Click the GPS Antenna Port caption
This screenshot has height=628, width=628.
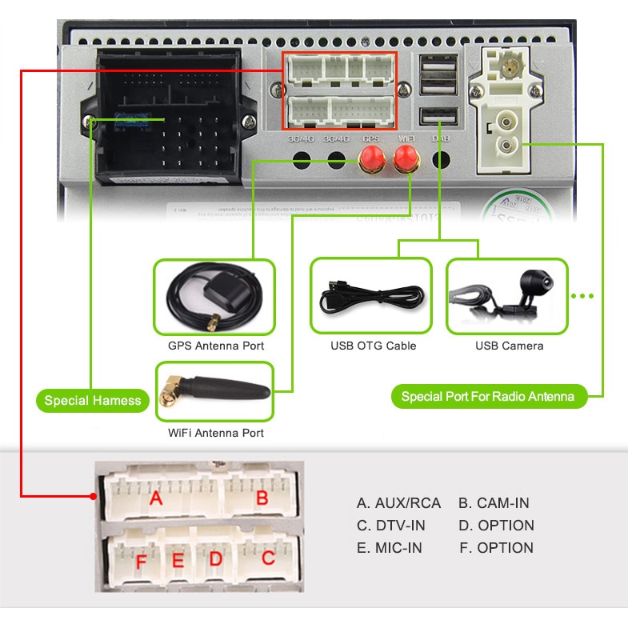click(216, 346)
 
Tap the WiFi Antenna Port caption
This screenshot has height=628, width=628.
click(216, 433)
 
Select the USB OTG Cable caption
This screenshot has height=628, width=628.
click(374, 346)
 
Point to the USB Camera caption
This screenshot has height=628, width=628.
click(509, 346)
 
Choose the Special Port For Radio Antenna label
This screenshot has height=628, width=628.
click(488, 396)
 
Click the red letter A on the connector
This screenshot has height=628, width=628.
click(157, 499)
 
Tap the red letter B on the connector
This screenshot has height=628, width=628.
click(262, 498)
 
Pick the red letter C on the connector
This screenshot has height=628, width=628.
click(268, 558)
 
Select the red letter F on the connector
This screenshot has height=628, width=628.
click(141, 563)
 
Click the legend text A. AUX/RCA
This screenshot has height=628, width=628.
click(398, 503)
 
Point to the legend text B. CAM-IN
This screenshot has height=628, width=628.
click(494, 503)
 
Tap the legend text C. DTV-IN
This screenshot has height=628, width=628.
click(390, 526)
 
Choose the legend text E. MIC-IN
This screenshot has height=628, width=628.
click(389, 548)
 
